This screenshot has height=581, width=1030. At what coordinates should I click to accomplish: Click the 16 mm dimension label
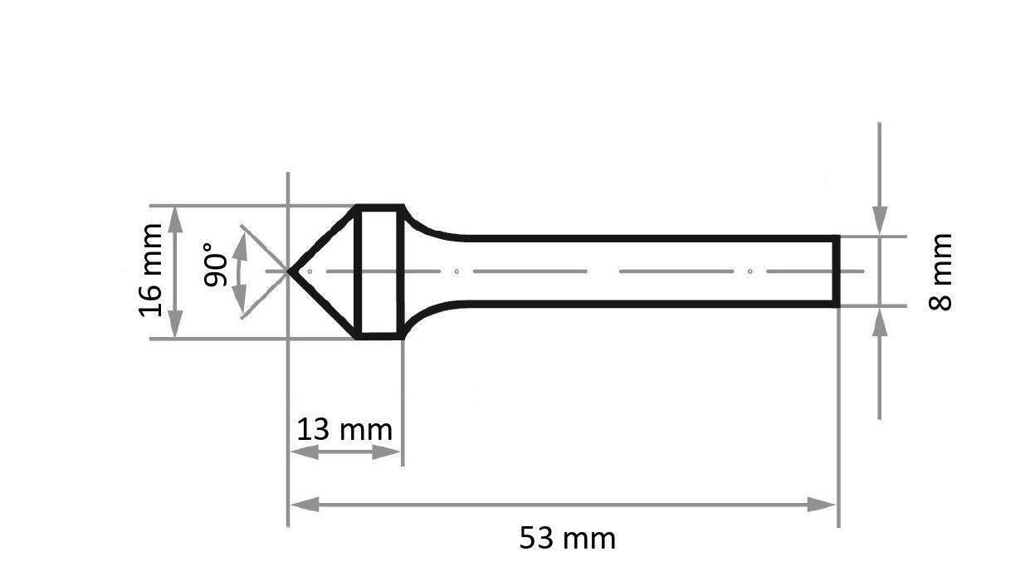[x=151, y=271]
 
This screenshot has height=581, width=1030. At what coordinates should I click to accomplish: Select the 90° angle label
[x=215, y=265]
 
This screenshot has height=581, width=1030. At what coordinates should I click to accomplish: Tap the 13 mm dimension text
[x=344, y=430]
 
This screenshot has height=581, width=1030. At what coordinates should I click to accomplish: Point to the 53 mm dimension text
[x=568, y=539]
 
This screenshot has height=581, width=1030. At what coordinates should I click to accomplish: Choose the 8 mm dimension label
[x=940, y=271]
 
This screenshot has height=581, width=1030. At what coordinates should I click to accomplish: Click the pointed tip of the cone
[x=290, y=271]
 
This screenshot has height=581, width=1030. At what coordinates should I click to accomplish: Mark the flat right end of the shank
[x=837, y=271]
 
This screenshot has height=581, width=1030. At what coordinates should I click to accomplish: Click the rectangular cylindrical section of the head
[x=379, y=271]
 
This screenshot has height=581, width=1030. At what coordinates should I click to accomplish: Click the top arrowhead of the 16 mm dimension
[x=175, y=217]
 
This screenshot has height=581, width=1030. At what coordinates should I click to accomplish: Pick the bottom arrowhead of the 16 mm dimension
[x=175, y=325]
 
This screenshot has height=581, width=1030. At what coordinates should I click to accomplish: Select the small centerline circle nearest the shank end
[x=749, y=271]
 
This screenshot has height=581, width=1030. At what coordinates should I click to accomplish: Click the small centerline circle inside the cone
[x=310, y=271]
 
